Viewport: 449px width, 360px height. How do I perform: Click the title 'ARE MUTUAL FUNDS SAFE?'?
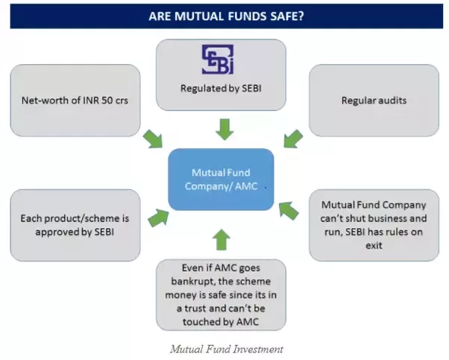point(226,15)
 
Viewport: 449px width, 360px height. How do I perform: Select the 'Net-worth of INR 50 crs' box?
point(75,100)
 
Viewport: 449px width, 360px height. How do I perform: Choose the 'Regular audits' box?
point(374,100)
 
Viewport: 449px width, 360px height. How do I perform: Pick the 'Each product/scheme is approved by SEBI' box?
point(75,225)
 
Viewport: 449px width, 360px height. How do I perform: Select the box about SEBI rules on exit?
point(374,224)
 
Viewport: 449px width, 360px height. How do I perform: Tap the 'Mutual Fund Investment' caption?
point(226,348)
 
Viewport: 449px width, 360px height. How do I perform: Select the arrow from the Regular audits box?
point(292,139)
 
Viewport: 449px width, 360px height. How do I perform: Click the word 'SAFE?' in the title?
point(286,15)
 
